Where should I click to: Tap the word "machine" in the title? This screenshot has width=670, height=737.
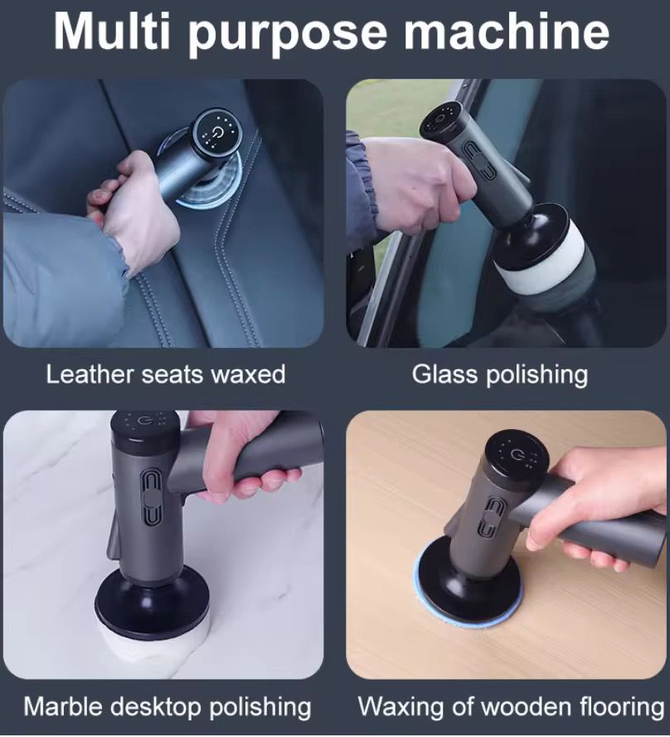(x=506, y=32)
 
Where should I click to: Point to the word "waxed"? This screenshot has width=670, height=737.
(x=248, y=374)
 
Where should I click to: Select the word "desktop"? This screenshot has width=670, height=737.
(x=158, y=708)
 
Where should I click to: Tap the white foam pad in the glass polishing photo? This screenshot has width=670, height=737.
(x=540, y=257)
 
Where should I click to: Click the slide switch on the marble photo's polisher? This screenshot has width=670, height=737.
(x=150, y=498)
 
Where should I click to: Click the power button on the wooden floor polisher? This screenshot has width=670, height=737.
(x=517, y=454)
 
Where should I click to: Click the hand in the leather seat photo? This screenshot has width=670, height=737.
(x=134, y=212)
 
